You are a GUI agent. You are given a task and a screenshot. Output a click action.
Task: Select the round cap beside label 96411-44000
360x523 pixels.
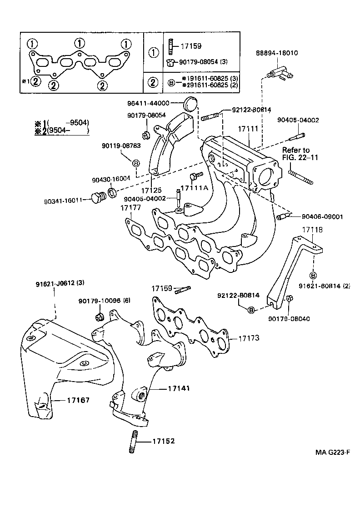coord(191,104)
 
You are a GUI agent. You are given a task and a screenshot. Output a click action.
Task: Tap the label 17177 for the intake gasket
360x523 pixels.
coord(130,208)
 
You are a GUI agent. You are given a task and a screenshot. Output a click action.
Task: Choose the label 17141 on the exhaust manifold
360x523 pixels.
coord(179,388)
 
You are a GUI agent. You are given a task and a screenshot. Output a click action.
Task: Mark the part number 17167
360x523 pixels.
coord(78,400)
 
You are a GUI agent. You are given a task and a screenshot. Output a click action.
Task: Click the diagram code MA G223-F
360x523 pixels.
coord(334,453)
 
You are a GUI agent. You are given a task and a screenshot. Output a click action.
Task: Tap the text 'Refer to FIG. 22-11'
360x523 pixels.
coord(296,154)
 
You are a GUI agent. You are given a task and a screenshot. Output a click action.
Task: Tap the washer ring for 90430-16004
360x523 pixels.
coord(112,192)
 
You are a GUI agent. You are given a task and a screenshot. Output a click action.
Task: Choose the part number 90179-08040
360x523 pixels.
coord(289,318)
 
